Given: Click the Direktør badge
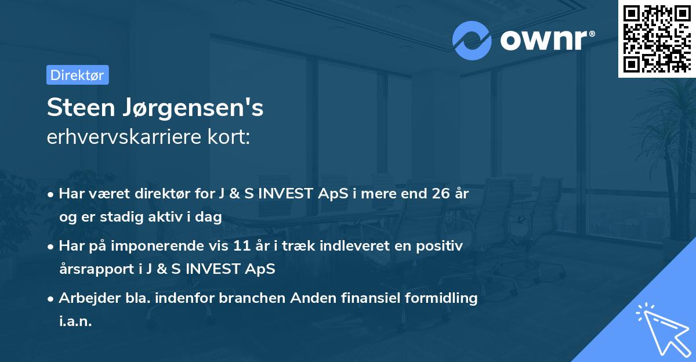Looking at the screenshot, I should (77, 75).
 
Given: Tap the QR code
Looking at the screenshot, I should (657, 38).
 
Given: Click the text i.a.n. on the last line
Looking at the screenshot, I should (75, 321).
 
